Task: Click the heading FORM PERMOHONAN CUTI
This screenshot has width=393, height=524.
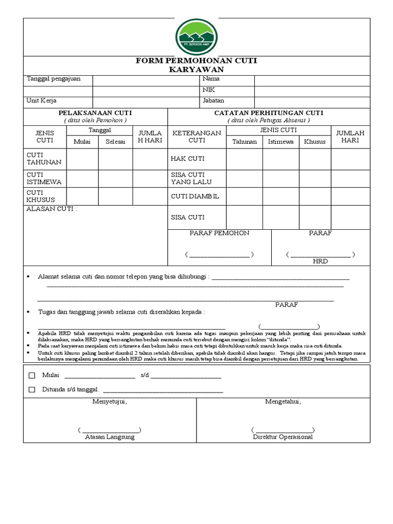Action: click(196, 61)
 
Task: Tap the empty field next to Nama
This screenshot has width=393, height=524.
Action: click(312, 80)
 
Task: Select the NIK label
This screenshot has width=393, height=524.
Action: click(208, 90)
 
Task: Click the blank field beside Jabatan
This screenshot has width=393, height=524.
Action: click(312, 102)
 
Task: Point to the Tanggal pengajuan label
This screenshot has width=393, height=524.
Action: click(53, 79)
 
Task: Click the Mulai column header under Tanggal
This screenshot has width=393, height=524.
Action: click(82, 142)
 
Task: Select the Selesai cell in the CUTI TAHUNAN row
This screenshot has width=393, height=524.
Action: click(115, 159)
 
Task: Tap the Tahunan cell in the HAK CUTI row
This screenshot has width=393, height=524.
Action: click(245, 159)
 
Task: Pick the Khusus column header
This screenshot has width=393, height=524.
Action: click(315, 142)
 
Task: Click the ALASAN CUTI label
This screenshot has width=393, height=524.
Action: click(51, 209)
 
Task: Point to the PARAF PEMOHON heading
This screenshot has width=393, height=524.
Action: click(220, 233)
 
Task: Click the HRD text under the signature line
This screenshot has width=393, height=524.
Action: click(320, 261)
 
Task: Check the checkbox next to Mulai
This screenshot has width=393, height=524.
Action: click(32, 376)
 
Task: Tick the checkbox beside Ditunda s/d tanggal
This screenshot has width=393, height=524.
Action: click(32, 389)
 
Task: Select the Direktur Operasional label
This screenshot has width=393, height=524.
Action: click(282, 437)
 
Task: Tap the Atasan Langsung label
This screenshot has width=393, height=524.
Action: click(110, 437)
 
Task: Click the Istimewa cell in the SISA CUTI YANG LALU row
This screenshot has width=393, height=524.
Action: click(281, 178)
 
